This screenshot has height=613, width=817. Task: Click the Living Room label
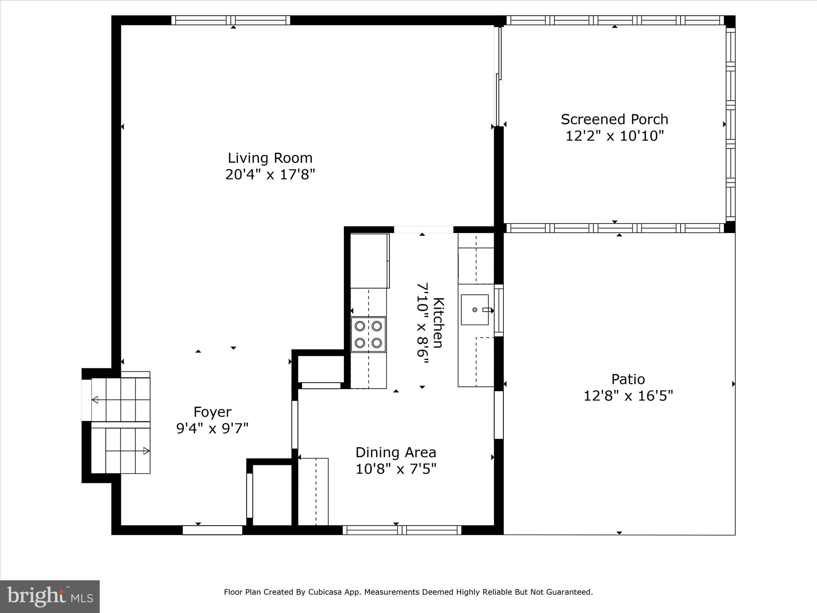pyautogui.click(x=270, y=158)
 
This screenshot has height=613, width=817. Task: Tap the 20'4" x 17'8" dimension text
pyautogui.click(x=270, y=175)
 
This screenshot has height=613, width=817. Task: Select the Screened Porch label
pyautogui.click(x=614, y=119)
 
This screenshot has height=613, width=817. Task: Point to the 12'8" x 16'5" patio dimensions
pyautogui.click(x=628, y=396)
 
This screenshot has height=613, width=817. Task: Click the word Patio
pyautogui.click(x=628, y=379)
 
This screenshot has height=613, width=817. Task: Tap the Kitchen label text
pyautogui.click(x=438, y=322)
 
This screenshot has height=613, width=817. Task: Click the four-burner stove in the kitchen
pyautogui.click(x=368, y=334)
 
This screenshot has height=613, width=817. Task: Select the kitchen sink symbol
pyautogui.click(x=475, y=310)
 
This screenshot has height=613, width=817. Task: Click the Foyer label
pyautogui.click(x=212, y=412)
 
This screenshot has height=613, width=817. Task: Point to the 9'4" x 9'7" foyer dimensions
pyautogui.click(x=212, y=429)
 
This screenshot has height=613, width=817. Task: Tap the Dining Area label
pyautogui.click(x=396, y=453)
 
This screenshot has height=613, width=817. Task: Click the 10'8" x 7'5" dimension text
pyautogui.click(x=396, y=469)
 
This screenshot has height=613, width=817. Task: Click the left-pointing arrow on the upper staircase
pyautogui.click(x=95, y=399)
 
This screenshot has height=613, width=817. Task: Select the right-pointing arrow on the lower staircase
pyautogui.click(x=146, y=451)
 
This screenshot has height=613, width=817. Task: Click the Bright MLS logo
pyautogui.click(x=50, y=597)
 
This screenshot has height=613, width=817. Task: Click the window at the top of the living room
pyautogui.click(x=231, y=20)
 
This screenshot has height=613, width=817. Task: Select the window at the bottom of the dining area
pyautogui.click(x=402, y=530)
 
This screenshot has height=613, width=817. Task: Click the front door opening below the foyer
pyautogui.click(x=213, y=530)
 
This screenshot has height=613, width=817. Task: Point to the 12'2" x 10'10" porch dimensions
pyautogui.click(x=614, y=136)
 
